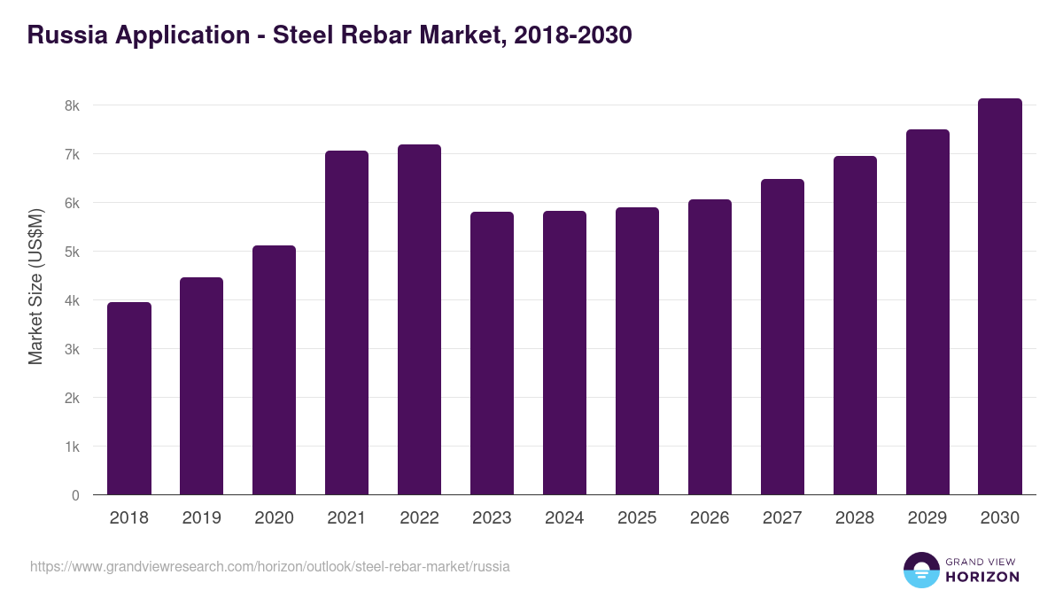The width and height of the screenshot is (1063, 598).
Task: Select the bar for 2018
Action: tap(129, 399)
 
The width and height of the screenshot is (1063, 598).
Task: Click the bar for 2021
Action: tap(346, 323)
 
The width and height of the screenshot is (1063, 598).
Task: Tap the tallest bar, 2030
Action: tap(1000, 297)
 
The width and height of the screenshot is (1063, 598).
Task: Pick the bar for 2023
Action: tap(492, 353)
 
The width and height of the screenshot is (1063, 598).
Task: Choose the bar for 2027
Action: tap(782, 337)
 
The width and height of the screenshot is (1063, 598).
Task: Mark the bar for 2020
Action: tap(274, 370)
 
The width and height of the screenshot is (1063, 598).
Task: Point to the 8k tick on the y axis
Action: tap(72, 105)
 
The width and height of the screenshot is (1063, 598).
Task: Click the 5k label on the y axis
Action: tap(72, 252)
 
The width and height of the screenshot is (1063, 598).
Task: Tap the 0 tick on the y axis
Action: tap(75, 495)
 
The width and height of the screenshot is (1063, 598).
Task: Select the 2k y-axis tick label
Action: tap(72, 398)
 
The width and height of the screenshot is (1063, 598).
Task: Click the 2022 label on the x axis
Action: tap(419, 518)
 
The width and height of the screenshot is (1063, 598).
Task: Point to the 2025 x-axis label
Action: tap(637, 518)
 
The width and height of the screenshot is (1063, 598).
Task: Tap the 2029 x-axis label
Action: tap(927, 518)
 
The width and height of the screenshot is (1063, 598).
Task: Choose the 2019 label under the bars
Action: tap(201, 518)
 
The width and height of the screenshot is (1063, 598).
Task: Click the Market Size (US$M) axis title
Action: tap(35, 287)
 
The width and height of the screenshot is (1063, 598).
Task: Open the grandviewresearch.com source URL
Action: tap(269, 566)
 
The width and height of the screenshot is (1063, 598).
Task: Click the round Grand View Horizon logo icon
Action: tap(921, 571)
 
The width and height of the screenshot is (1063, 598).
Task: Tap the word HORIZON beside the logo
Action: tap(982, 577)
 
